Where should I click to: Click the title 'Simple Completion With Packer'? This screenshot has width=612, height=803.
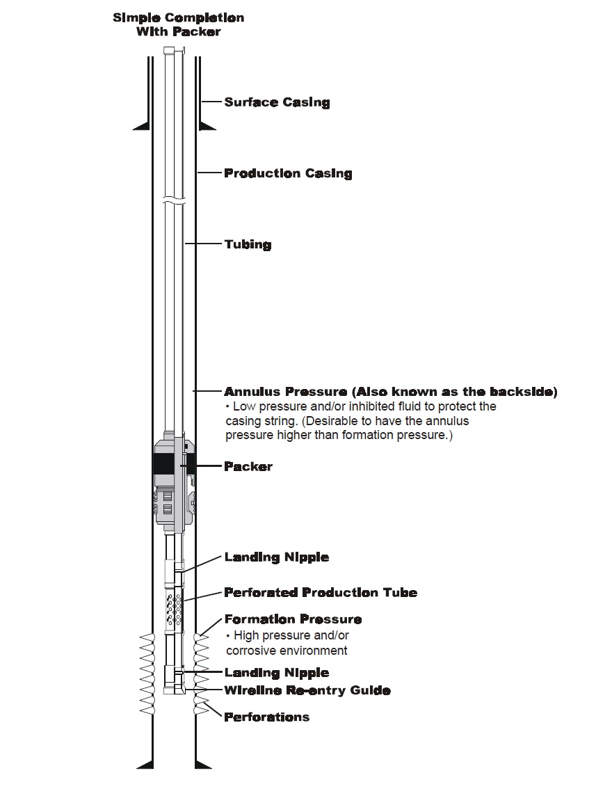[178, 24]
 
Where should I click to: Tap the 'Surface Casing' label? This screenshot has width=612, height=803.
[277, 102]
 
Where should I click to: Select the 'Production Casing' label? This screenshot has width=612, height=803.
[288, 173]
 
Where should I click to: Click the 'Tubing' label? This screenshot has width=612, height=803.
[248, 245]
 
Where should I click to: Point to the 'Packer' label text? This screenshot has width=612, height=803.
[248, 466]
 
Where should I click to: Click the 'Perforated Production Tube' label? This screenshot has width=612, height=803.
[321, 593]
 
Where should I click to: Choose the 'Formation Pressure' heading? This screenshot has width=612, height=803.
[293, 619]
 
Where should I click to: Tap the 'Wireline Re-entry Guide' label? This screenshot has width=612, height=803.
[307, 691]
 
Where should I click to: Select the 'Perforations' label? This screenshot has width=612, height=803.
[266, 717]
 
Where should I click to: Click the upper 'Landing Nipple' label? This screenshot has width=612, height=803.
[276, 557]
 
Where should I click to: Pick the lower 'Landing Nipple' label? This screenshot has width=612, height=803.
[276, 673]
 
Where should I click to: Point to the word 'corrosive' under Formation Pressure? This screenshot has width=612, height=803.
[250, 651]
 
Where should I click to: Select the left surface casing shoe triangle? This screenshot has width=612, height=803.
[142, 125]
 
